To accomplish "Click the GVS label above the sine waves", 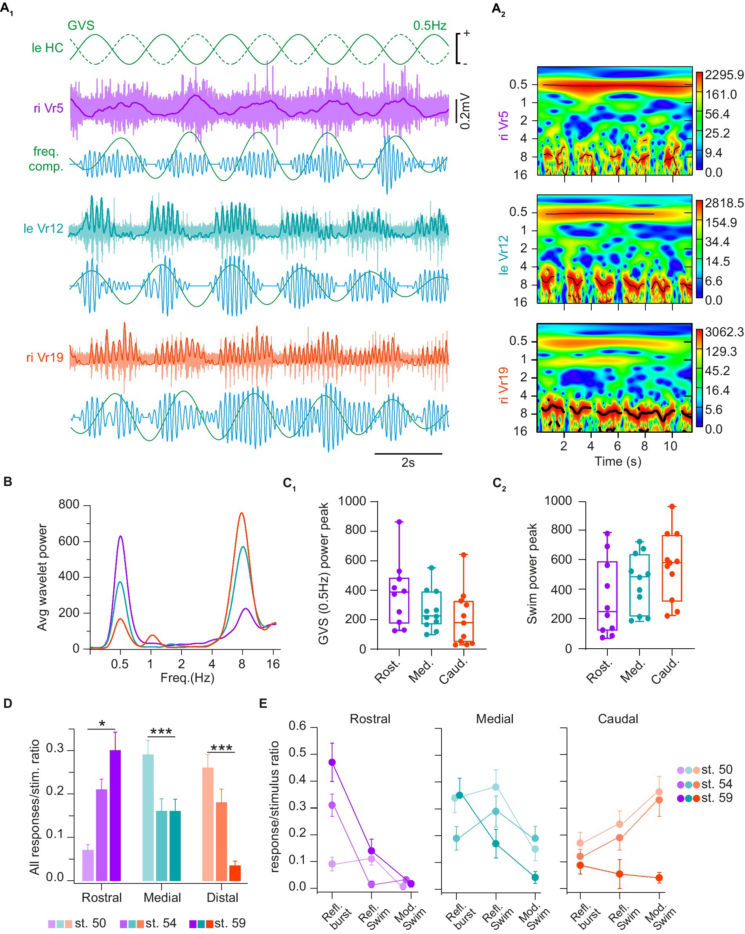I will [x=81, y=25].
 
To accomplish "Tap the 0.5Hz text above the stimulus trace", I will [x=429, y=25].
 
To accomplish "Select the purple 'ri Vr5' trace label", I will [x=49, y=108].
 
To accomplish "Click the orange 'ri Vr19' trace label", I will [x=45, y=357].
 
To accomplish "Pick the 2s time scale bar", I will [x=408, y=454].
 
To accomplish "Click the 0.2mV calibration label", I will [x=465, y=111].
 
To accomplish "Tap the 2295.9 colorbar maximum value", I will [x=724, y=75].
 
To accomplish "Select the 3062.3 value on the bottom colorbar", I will [x=724, y=332].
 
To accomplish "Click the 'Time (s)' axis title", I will [x=617, y=461].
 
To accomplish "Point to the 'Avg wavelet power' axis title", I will [x=42, y=577].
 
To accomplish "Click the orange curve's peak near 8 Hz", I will [x=242, y=514].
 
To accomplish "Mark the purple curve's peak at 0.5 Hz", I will [x=120, y=537].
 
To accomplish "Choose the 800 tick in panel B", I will [x=69, y=505].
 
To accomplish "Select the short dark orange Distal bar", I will [x=235, y=873].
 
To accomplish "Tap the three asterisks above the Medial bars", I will [x=161, y=732].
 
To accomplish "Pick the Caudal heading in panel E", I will [x=618, y=719].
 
